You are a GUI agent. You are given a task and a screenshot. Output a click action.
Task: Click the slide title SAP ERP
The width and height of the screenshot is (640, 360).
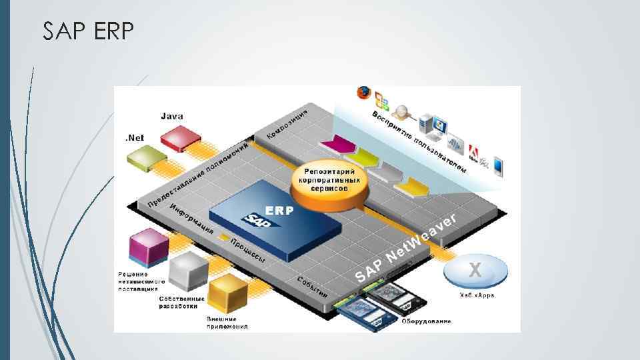pos(88,31)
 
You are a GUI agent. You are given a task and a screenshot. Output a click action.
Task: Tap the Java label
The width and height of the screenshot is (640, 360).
pos(172,116)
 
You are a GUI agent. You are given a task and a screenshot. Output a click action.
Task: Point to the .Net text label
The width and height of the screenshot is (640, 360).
pos(134,138)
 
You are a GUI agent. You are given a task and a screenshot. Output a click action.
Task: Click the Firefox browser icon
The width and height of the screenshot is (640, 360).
pos(364,93)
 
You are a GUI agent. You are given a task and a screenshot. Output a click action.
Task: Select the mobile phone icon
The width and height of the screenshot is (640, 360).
pos(498,167)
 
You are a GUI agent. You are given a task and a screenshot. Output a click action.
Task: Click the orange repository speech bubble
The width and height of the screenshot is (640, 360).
pos(329,181)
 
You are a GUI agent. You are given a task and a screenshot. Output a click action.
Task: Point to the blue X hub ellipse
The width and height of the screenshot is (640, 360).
pos(475,271)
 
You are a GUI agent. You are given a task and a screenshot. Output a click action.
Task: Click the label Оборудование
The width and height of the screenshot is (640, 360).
pos(426,321)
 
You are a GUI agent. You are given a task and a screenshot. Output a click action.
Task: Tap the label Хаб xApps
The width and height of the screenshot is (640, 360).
pos(477,295)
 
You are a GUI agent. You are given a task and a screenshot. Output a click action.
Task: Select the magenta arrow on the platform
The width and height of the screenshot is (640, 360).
pos(338,143)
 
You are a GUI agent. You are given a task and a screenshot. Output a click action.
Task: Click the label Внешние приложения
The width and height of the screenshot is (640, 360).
pos(227,323)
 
